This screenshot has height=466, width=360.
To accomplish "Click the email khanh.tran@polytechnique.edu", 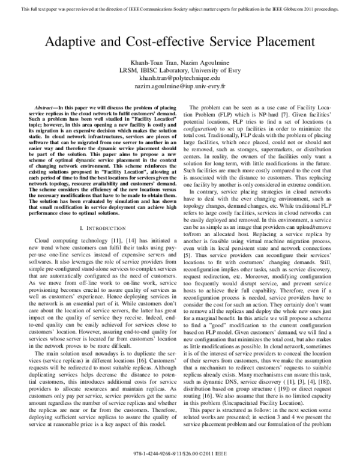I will (x=179, y=79).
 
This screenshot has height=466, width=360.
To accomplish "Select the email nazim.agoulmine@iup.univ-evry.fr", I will (x=179, y=86).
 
